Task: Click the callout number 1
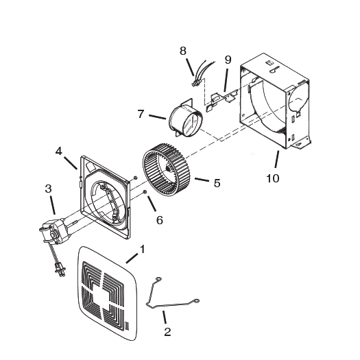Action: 143,248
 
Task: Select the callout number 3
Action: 48,188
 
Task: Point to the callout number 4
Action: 59,150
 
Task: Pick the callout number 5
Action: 217,183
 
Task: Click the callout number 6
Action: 159,220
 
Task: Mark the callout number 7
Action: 141,114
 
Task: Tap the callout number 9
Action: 228,59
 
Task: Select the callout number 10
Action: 273,178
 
